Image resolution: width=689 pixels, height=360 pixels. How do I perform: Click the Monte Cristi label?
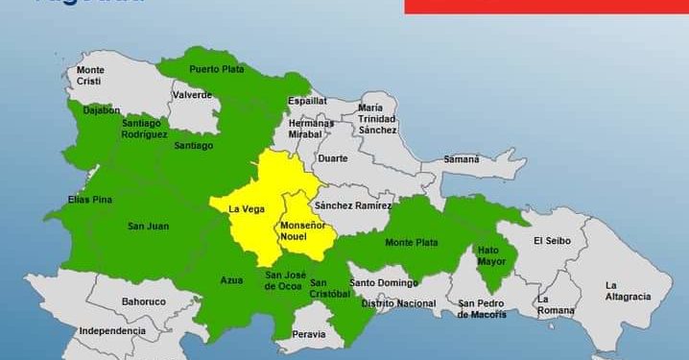click(x=90, y=76)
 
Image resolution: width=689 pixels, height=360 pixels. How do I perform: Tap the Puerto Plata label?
click(x=217, y=69)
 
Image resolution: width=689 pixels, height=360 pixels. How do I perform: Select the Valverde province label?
click(x=192, y=95)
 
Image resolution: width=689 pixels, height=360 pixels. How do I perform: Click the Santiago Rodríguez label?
click(x=145, y=130)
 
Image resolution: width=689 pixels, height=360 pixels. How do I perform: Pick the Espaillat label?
click(x=307, y=100)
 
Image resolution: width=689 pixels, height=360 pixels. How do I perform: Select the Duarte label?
click(x=332, y=158)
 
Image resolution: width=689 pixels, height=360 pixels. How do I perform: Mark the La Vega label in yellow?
click(x=246, y=208)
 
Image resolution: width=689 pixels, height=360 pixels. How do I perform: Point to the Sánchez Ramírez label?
click(x=353, y=205)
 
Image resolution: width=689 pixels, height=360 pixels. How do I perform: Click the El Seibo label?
click(x=553, y=240)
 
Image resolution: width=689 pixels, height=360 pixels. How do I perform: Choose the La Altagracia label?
click(x=628, y=291)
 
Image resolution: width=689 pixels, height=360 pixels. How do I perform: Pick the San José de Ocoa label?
click(x=284, y=280)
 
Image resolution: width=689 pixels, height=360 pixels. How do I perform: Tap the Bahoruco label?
click(x=144, y=301)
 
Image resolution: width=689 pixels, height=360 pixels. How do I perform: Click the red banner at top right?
click(x=546, y=6)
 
